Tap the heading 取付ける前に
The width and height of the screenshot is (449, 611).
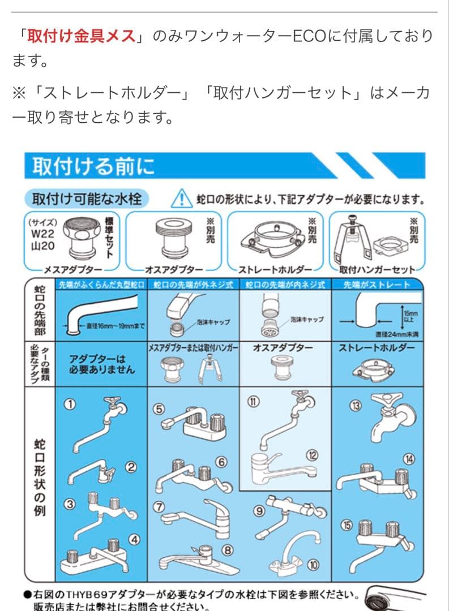click(x=92, y=167)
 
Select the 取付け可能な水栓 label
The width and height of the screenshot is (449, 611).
click(x=86, y=199)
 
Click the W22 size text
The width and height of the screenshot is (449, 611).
click(x=42, y=233)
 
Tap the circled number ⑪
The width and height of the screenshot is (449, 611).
click(x=253, y=401)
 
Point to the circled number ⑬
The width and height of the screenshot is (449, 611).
click(x=356, y=405)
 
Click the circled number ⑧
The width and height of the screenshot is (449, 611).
click(x=228, y=549)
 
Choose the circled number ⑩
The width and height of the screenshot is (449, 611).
click(x=313, y=565)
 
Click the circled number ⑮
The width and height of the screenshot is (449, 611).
click(x=346, y=525)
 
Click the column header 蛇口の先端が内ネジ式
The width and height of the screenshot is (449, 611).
click(x=285, y=285)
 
